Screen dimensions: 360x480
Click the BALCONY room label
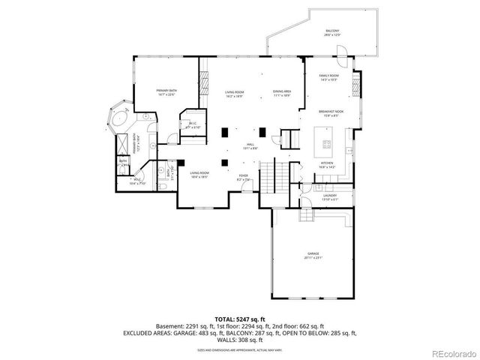coord(331,32)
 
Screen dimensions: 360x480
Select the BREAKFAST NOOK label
coord(330,112)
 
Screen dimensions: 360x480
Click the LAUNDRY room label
coord(331,198)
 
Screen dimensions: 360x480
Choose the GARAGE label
coord(313,255)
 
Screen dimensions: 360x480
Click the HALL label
coord(250,146)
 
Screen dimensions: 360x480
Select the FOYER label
coord(244,178)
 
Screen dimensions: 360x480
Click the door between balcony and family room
coord(340,53)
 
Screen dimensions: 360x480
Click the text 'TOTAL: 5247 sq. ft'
coord(239,319)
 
